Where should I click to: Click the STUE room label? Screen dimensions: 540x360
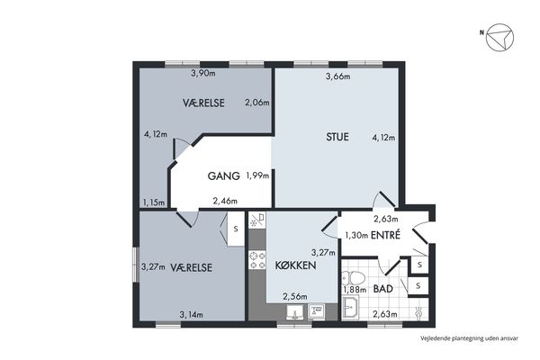(337, 137)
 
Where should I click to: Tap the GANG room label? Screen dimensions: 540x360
(223, 176)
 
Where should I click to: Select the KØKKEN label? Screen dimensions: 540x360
(295, 265)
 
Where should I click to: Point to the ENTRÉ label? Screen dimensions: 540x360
(385, 235)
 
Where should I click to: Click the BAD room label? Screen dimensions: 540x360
(383, 289)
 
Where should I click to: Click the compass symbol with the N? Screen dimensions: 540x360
(499, 37)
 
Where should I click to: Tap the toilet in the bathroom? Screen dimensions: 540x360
(353, 278)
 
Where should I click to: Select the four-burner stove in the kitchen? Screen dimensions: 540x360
(257, 260)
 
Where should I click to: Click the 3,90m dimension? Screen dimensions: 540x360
(203, 73)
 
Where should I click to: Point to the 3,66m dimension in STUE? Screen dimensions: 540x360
(337, 76)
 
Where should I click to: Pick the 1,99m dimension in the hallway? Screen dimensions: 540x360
(257, 175)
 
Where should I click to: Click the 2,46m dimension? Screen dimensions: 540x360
(225, 201)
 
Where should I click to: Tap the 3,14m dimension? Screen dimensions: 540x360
(191, 314)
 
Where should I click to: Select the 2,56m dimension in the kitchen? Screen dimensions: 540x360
(295, 296)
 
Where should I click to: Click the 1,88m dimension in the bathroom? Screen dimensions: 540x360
(355, 290)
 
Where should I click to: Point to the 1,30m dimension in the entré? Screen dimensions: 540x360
(356, 235)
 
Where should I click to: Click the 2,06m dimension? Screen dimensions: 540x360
(256, 103)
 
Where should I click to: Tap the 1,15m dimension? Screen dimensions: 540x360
(154, 202)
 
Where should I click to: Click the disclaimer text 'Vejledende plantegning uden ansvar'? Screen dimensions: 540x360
(469, 338)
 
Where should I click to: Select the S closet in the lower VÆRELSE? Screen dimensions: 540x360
(236, 229)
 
